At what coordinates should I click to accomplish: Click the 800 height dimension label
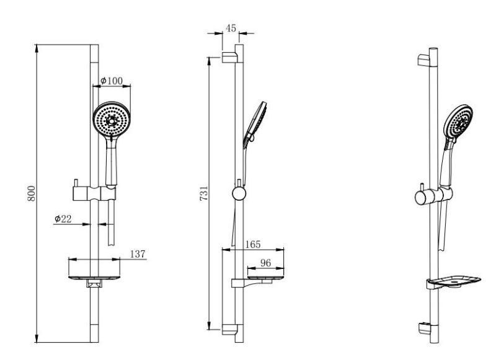tap(32, 193)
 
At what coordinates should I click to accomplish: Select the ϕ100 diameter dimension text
tap(112, 81)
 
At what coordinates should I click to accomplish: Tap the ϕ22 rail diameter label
tap(63, 219)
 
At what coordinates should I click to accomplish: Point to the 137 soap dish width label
tap(138, 254)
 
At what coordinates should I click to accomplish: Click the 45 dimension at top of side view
tap(231, 28)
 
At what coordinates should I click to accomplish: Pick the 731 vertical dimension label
tap(204, 193)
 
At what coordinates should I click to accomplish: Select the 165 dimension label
tap(253, 244)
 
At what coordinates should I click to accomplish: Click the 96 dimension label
tap(266, 263)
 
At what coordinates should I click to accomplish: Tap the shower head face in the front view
tap(112, 119)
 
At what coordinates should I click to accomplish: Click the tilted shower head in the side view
tap(255, 125)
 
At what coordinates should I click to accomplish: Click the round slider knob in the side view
tap(239, 194)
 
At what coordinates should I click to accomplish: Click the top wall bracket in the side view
tap(229, 57)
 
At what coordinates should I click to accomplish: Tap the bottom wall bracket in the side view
tap(229, 330)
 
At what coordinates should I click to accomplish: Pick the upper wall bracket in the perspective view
tap(424, 60)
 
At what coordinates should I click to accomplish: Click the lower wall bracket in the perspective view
tap(424, 328)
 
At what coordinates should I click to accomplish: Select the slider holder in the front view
tap(94, 193)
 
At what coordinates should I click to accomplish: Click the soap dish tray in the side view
tap(265, 278)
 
